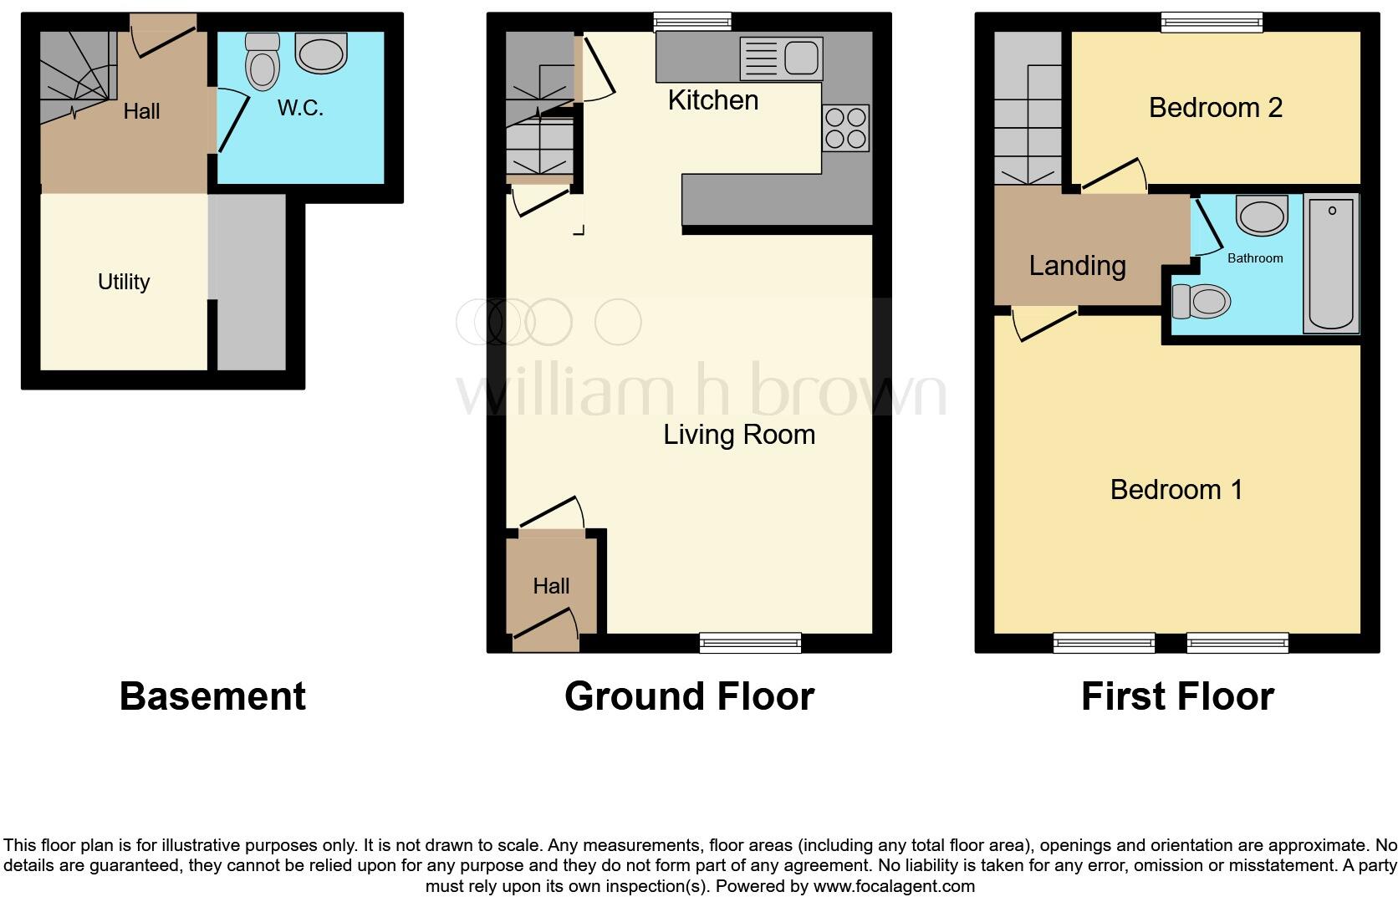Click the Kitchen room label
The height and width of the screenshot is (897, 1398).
pyautogui.click(x=713, y=100)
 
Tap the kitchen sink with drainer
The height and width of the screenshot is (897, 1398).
pyautogui.click(x=781, y=59)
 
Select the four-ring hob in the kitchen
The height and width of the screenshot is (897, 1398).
pyautogui.click(x=845, y=128)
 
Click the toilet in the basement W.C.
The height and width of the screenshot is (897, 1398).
pyautogui.click(x=263, y=62)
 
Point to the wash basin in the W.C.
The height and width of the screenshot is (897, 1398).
pyautogui.click(x=321, y=53)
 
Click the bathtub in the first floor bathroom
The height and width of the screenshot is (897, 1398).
pyautogui.click(x=1331, y=263)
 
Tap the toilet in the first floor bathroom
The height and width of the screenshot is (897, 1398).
pyautogui.click(x=1202, y=301)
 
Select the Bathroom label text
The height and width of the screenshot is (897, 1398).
pyautogui.click(x=1254, y=258)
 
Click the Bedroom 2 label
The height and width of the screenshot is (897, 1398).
pyautogui.click(x=1215, y=108)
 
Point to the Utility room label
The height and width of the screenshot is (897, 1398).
pyautogui.click(x=124, y=282)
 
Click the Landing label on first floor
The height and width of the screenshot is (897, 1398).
pyautogui.click(x=1077, y=266)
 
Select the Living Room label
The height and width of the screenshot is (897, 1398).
pyautogui.click(x=739, y=435)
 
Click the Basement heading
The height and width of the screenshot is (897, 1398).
pyautogui.click(x=212, y=696)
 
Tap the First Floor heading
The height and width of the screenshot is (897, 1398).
pyautogui.click(x=1176, y=696)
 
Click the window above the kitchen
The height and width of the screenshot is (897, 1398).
pyautogui.click(x=692, y=22)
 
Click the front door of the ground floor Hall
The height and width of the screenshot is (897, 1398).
pyautogui.click(x=545, y=629)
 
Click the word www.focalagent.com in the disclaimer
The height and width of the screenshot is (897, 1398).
pyautogui.click(x=893, y=886)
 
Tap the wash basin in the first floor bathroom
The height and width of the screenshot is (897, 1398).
pyautogui.click(x=1262, y=217)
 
